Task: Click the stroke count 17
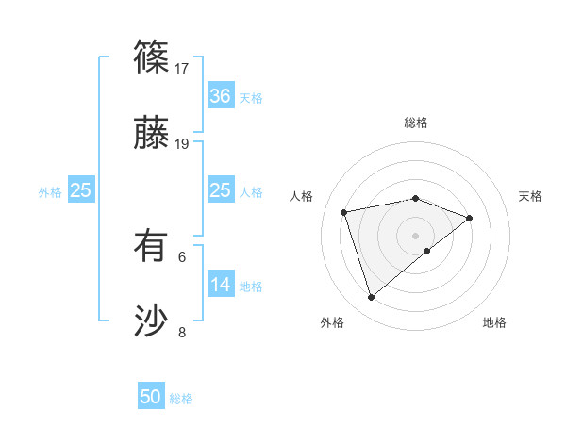(183, 69)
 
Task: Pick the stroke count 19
(183, 144)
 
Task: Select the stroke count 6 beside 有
(183, 256)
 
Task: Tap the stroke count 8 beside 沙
(183, 332)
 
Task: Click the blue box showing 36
(220, 96)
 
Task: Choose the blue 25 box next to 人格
(220, 190)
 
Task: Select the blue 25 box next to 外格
(80, 190)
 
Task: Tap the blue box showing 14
(220, 285)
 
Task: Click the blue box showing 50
(151, 397)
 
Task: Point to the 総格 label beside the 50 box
(181, 399)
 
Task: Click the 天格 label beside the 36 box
(251, 98)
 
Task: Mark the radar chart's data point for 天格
(469, 218)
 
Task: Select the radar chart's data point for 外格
(371, 298)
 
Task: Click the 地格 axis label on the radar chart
(494, 322)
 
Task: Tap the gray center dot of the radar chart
(415, 234)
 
